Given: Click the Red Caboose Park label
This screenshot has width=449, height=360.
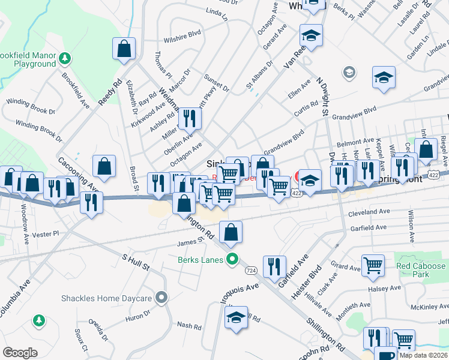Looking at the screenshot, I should pyautogui.click(x=421, y=270).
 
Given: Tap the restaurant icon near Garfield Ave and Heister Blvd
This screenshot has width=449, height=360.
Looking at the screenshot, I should pyautogui.click(x=274, y=266).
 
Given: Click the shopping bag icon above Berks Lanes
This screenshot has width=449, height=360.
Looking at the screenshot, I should pyautogui.click(x=231, y=232).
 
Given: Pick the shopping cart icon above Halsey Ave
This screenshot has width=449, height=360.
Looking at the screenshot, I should pyautogui.click(x=373, y=265).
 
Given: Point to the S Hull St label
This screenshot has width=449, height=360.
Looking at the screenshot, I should pyautogui.click(x=135, y=262).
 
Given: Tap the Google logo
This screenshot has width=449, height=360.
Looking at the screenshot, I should pyautogui.click(x=20, y=353).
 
